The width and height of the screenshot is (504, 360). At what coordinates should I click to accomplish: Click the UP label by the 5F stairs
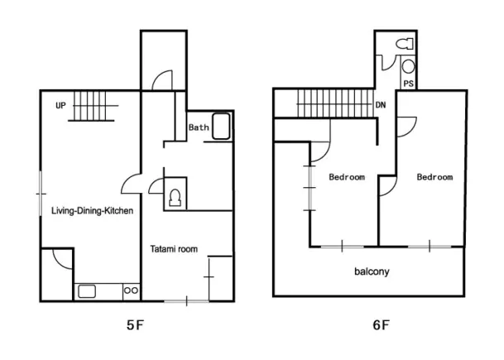pos(60,105)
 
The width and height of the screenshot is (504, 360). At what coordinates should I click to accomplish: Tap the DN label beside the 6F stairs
pos(381,105)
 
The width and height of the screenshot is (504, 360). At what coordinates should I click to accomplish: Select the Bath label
pos(199,127)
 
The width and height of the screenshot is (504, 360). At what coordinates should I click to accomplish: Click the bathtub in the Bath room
pos(222,126)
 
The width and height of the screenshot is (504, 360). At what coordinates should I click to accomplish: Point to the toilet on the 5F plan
pos(175,197)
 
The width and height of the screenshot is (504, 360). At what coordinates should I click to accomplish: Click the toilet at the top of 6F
pos(405,44)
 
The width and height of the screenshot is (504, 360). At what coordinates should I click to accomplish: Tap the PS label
pos(408,84)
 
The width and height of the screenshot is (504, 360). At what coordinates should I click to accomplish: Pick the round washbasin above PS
pos(408,66)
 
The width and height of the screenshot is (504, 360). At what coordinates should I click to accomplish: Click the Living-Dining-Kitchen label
pos(92,211)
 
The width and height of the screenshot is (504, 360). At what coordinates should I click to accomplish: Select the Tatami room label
pos(174,249)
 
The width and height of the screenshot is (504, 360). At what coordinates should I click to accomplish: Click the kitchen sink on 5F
pos(87,291)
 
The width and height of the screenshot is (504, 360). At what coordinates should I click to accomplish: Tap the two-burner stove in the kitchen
pos(131,290)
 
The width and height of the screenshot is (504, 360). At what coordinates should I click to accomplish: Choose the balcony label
pos(372,271)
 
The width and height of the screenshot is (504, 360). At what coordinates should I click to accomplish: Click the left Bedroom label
pos(347,177)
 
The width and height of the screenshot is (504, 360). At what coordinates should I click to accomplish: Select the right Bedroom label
pos(434,177)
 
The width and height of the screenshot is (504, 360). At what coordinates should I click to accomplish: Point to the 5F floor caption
pos(135,325)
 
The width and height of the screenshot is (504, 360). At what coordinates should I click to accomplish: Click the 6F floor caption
pos(381,325)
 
